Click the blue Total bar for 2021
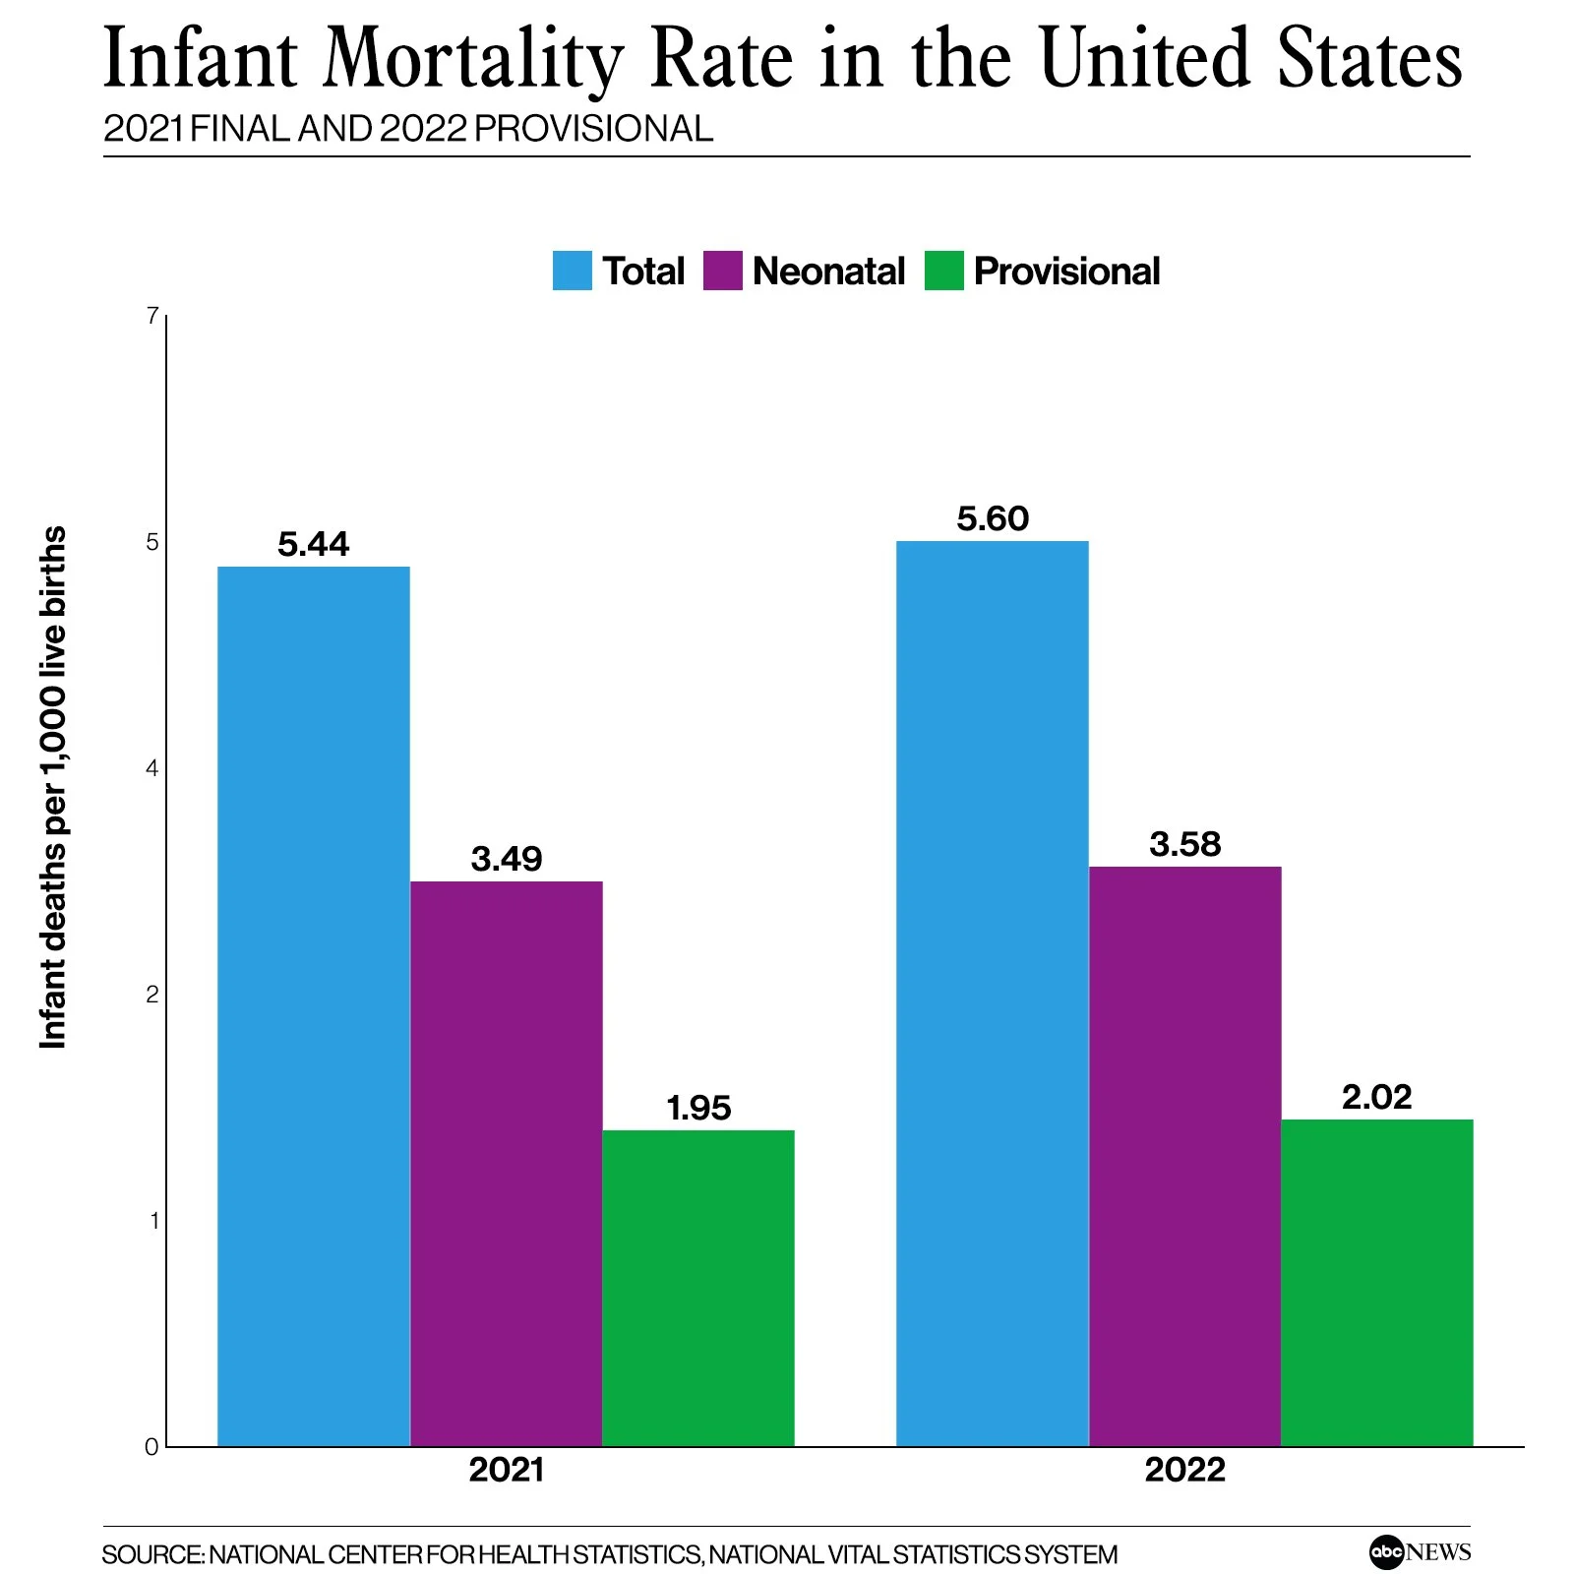[x=313, y=1005]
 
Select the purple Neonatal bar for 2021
[x=506, y=1163]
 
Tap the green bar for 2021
[x=697, y=1288]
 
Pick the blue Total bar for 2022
[x=992, y=993]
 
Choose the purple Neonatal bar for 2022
[x=1184, y=1156]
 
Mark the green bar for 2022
[x=1376, y=1282]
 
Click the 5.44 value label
[x=313, y=544]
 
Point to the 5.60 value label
[x=992, y=518]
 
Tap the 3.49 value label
[x=506, y=859]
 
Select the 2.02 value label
[x=1376, y=1097]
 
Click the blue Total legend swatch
[x=572, y=271]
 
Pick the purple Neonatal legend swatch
[x=722, y=271]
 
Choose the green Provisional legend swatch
[x=943, y=271]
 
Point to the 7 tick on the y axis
[x=151, y=316]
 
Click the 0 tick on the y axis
[x=151, y=1447]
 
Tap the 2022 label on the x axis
[x=1184, y=1470]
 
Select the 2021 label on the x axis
[x=506, y=1470]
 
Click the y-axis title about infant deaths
[x=53, y=787]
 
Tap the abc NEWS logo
[x=1419, y=1552]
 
